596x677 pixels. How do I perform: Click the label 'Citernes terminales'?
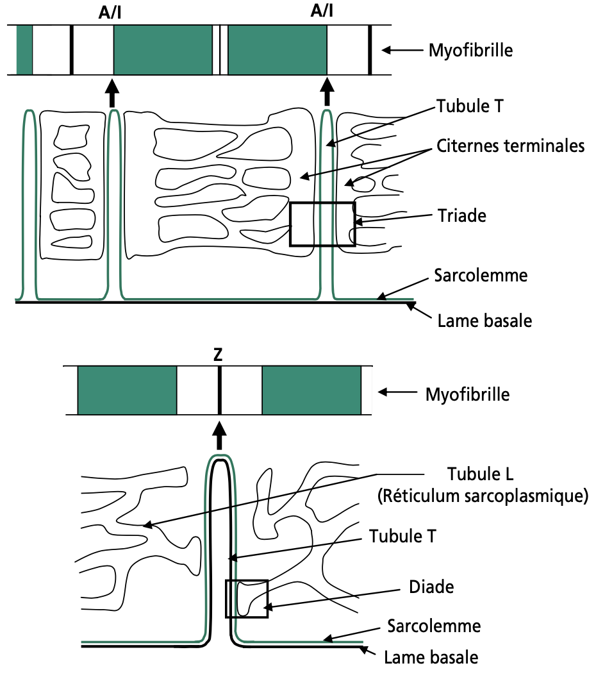pos(510,146)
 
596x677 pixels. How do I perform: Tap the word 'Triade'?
pos(462,215)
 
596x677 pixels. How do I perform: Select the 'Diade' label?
pos(431,587)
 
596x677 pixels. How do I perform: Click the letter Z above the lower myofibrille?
pos(218,355)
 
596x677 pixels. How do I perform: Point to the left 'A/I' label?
pos(110,13)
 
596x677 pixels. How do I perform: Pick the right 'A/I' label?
pos(322,11)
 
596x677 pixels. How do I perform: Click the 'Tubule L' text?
pos(480,474)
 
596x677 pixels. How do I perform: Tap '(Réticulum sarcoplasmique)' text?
pos(483,496)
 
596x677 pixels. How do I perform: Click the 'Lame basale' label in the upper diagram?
pos(484,321)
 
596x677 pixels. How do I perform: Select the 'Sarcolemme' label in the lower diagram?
pos(434,626)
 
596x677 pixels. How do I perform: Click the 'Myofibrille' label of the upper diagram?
pos(470,50)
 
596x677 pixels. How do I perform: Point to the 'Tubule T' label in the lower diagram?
pos(402,536)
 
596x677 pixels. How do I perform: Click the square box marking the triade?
pos(290,224)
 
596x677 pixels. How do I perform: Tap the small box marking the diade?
pos(226,599)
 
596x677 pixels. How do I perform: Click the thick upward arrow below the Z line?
pos(220,436)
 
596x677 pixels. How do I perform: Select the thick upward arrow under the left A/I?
pos(112,92)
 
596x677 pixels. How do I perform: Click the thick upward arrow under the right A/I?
pos(327,92)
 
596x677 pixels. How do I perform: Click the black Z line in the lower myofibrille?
pos(220,390)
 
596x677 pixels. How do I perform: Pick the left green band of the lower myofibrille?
pos(128,390)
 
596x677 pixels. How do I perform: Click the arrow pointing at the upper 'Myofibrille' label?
pos(402,50)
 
